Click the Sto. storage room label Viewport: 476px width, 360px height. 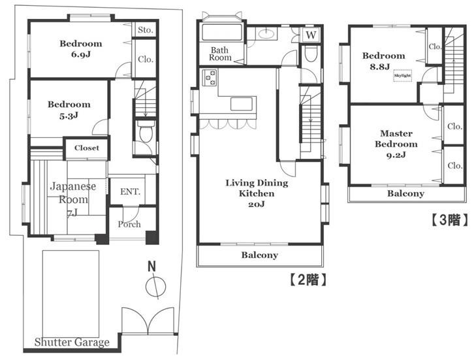click(145, 30)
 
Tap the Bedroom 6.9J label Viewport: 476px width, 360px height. click(81, 49)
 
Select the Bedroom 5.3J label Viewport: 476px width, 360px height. click(69, 110)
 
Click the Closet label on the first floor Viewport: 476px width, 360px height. click(87, 148)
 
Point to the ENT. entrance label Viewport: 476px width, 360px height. click(130, 191)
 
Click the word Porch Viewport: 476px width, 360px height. click(129, 224)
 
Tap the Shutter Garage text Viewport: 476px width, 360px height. click(72, 342)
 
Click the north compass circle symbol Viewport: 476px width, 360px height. click(156, 286)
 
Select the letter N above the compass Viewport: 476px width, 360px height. click(151, 267)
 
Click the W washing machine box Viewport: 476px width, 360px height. click(311, 35)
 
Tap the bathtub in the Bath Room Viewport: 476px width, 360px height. click(221, 32)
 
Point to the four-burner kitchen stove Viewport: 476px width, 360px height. click(210, 78)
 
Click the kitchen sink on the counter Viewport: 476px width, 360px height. click(242, 104)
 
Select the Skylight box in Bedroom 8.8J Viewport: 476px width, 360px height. click(402, 75)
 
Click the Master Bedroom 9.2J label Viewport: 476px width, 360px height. click(396, 144)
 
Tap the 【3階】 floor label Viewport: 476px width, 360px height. click(450, 220)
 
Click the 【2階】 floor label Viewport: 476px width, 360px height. click(308, 280)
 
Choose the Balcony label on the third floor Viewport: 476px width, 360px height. click(406, 193)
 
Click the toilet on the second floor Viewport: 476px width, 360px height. click(311, 54)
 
